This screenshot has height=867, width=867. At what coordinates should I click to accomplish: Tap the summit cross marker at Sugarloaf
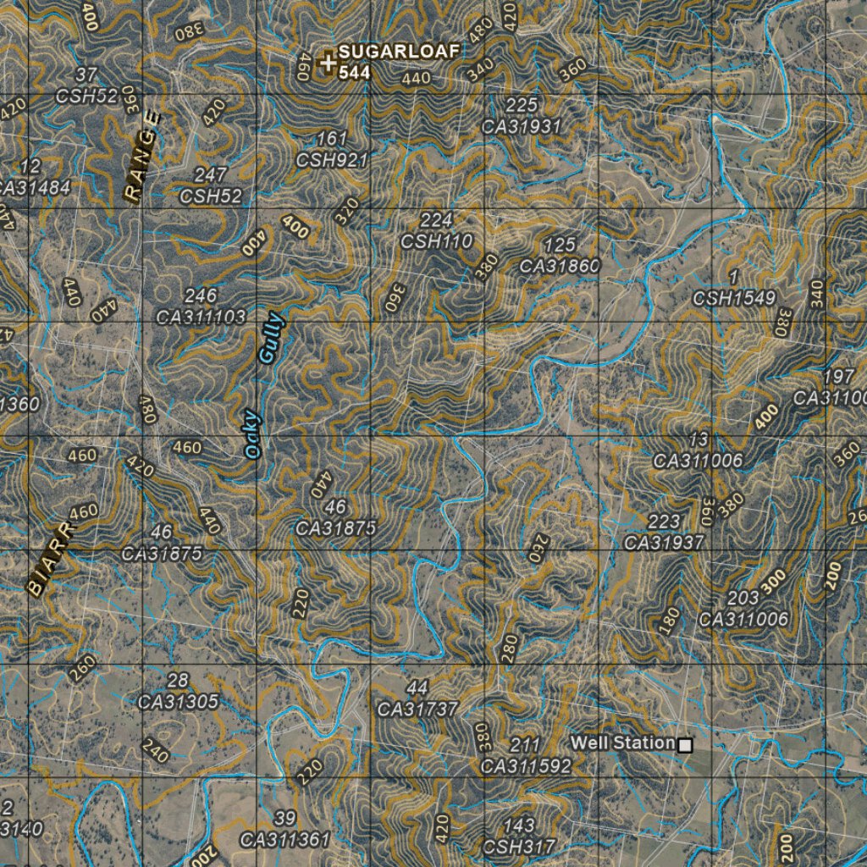328,62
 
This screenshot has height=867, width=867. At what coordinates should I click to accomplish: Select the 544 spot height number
354,73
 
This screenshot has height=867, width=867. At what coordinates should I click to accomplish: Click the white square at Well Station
685,745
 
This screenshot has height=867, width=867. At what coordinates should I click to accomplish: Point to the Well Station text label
622,743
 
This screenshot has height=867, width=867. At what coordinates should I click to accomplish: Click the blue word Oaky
253,434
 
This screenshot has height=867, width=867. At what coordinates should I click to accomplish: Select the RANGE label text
141,155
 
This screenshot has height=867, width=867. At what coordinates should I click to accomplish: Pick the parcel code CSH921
332,160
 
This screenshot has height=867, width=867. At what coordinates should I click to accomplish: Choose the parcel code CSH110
436,241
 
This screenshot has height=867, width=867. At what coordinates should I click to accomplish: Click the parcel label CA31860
560,266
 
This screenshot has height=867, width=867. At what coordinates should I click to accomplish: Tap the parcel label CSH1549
734,298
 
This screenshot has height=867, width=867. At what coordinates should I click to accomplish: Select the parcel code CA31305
179,702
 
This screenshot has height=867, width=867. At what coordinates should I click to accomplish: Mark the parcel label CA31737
417,710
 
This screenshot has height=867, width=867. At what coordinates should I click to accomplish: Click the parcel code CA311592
526,766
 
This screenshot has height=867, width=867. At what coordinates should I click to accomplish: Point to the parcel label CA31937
664,543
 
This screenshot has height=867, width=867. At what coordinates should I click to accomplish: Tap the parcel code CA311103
202,318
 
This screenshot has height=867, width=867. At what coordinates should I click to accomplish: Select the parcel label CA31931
522,127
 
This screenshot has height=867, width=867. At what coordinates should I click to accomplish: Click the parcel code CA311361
285,841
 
